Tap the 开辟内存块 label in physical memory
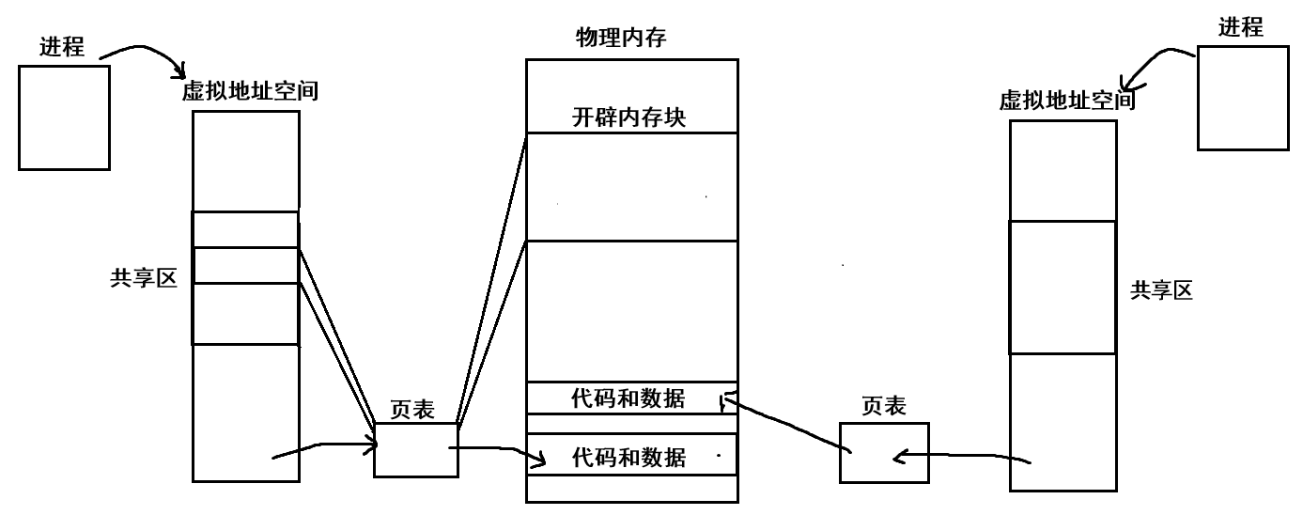click(x=628, y=118)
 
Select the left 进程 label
click(x=62, y=48)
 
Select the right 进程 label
click(x=1240, y=27)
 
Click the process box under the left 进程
click(x=64, y=117)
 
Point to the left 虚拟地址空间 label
click(x=249, y=92)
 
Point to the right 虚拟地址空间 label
click(x=1067, y=101)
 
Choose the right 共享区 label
click(x=1161, y=291)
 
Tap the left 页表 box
click(x=416, y=449)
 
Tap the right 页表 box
click(x=884, y=452)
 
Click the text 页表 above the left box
click(x=412, y=411)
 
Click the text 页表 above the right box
click(x=884, y=406)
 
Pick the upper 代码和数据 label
click(x=628, y=398)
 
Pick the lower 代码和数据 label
click(x=628, y=458)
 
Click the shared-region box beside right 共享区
click(x=1063, y=287)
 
